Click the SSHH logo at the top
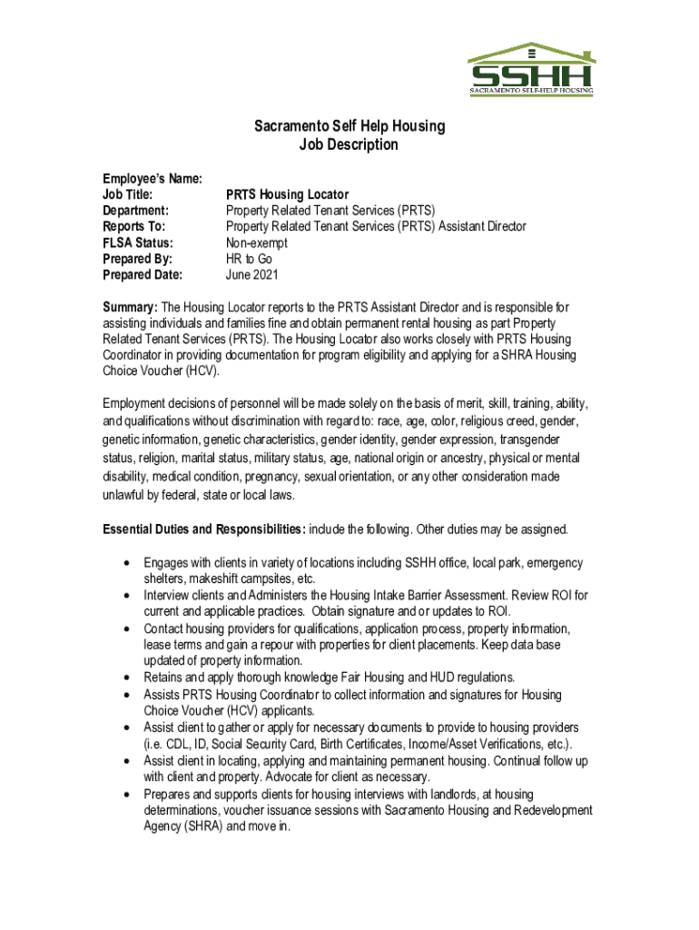point(530,70)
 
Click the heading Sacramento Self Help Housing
point(349,126)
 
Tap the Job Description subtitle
point(349,145)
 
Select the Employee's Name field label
point(153,179)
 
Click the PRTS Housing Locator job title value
point(287,194)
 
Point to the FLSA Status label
point(138,242)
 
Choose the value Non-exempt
point(256,242)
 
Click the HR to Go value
point(249,259)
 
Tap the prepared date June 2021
point(251,274)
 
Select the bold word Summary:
point(131,309)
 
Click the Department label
point(136,211)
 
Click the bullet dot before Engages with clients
point(124,564)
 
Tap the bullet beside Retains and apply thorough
point(124,678)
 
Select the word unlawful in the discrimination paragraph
point(128,495)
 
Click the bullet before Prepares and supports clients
point(124,795)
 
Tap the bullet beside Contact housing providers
point(124,628)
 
